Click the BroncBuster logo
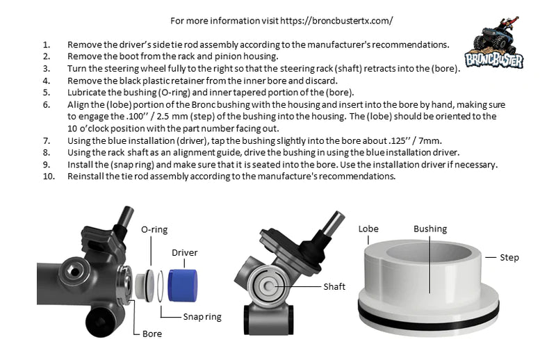point(494,42)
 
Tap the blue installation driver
point(183,286)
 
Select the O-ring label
point(154,229)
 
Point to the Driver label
point(184,252)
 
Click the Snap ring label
point(202,317)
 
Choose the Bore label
point(152,334)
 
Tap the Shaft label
point(334,286)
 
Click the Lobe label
point(368,229)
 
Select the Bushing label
point(430,229)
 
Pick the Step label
point(509,258)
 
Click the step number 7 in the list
point(47,141)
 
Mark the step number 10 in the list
point(49,177)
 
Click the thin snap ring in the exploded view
point(161,286)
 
